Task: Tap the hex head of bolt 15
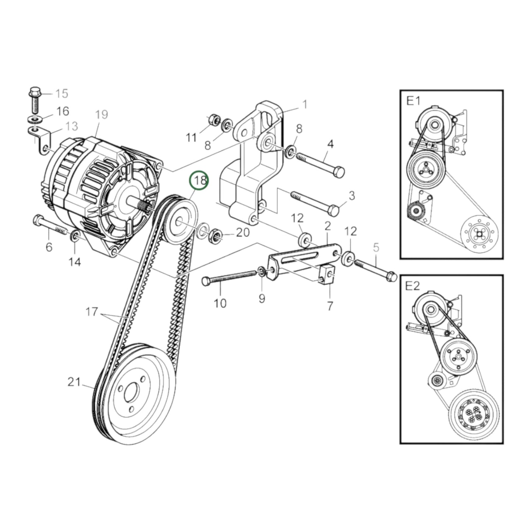click(35, 91)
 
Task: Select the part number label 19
click(102, 115)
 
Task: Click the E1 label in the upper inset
click(413, 101)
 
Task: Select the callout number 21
click(74, 382)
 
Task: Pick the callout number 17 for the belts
click(92, 312)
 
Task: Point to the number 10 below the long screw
click(220, 304)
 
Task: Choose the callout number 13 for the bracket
click(71, 126)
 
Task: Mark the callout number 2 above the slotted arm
click(327, 226)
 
